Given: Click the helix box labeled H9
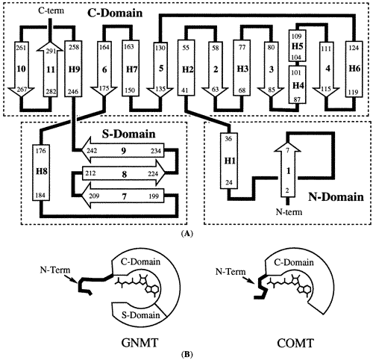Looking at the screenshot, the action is coord(73,69).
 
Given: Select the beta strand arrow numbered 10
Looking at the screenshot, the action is coord(21,69).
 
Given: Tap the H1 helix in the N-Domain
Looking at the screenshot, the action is coord(229,161).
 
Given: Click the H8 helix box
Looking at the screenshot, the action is coord(41,173).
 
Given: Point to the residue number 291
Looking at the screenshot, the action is coord(51,51).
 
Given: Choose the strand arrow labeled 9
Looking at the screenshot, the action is coord(123,150).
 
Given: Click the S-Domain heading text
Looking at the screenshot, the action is coord(129,134).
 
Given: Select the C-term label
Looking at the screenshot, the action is coord(51,10).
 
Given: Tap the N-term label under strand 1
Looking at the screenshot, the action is coord(289,212).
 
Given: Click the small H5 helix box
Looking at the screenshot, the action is coord(297,46).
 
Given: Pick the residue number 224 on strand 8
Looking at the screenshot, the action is coord(153,173).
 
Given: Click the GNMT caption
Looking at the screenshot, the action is coord(140,343).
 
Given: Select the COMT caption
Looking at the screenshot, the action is coord(295,343).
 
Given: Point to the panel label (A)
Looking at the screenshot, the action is coord(186,234).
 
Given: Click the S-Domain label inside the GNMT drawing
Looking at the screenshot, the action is coord(140,315).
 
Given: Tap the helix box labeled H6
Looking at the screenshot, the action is coord(354,69).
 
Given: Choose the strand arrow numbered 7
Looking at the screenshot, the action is coord(123,196).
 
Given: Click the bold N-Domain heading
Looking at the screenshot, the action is coord(336,197).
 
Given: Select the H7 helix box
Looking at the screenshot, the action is coord(131,69).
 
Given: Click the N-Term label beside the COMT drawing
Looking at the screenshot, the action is coord(231,272).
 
